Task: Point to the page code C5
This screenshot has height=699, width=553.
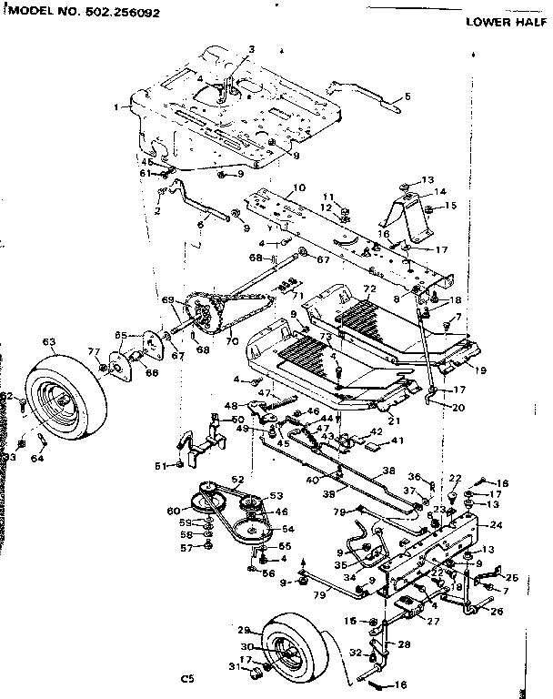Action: click(x=187, y=677)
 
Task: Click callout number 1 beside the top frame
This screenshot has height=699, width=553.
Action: click(x=117, y=107)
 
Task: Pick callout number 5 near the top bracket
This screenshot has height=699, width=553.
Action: click(x=407, y=96)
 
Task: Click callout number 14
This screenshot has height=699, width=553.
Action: click(x=440, y=192)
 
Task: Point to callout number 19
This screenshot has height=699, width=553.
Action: click(x=480, y=371)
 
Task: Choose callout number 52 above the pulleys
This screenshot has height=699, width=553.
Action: click(x=237, y=479)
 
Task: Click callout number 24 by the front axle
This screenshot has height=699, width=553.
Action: click(x=495, y=525)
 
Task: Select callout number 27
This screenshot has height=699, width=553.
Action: click(x=433, y=621)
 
